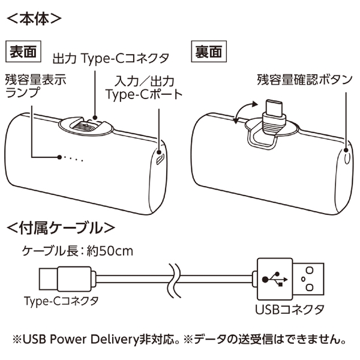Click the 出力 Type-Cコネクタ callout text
111,58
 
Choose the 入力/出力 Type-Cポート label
143,87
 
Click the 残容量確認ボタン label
304,80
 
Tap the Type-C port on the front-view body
160,159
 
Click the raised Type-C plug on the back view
274,112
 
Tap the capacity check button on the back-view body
347,158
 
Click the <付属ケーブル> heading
59,228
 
